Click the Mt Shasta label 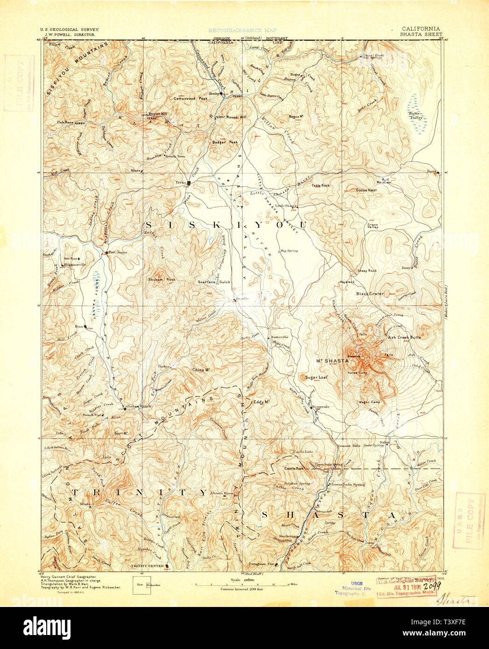[333, 361]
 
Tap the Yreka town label [181, 183]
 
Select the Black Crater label [369, 294]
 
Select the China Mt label [201, 370]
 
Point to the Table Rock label [321, 185]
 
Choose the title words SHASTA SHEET [419, 34]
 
